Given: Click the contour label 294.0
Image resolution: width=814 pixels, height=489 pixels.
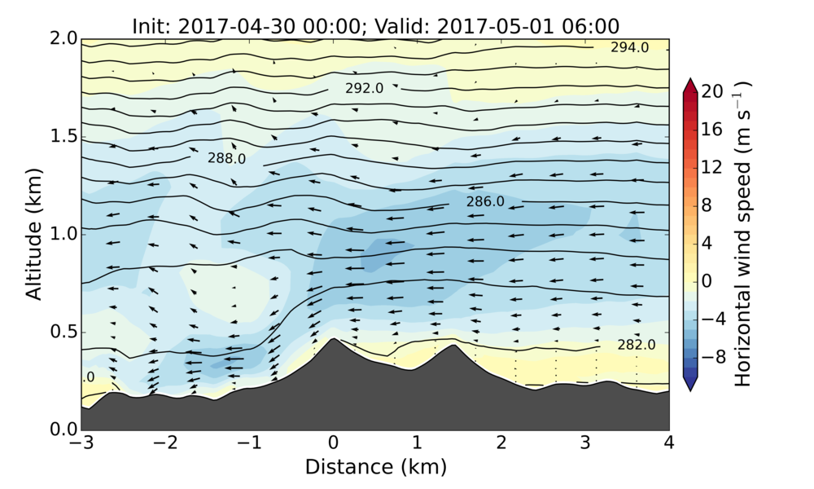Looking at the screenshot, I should click(629, 47).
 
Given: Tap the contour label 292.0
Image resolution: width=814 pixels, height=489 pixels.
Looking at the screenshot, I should click(364, 88).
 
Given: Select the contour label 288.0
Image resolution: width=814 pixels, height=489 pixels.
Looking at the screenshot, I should click(226, 159).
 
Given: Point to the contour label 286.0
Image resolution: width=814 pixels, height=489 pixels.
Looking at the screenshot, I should click(485, 200).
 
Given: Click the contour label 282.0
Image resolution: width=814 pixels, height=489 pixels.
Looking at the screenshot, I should click(636, 345).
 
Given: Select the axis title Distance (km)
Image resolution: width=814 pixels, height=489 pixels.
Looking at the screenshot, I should click(375, 467).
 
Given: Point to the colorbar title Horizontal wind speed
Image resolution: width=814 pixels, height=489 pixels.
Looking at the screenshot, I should click(743, 234).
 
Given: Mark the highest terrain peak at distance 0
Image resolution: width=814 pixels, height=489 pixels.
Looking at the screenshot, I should click(333, 339).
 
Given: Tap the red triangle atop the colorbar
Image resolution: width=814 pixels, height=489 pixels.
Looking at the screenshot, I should click(690, 85).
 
